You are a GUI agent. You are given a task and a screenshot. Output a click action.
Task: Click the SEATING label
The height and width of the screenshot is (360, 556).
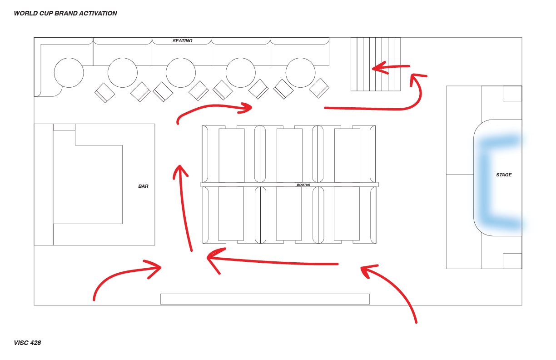click(x=182, y=41)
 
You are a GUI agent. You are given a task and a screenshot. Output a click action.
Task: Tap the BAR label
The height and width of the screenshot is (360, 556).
click(x=143, y=186)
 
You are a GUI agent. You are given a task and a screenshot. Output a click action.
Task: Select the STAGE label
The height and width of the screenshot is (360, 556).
click(x=504, y=175)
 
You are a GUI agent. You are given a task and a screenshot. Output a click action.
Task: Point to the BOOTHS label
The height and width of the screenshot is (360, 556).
click(x=303, y=185)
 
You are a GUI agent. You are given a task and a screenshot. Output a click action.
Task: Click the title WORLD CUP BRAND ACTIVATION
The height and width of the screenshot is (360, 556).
click(x=65, y=14)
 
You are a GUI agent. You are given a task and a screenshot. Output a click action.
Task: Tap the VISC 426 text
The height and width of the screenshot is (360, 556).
click(x=27, y=343)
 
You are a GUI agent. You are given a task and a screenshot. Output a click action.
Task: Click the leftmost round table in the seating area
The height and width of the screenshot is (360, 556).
click(x=69, y=73)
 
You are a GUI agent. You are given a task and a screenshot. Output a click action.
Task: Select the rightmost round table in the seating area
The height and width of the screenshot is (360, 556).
click(x=300, y=73)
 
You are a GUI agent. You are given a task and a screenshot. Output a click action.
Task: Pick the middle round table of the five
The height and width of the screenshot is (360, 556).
click(x=181, y=73)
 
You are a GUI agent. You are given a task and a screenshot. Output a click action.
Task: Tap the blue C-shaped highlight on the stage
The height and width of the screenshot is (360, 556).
click(x=486, y=182)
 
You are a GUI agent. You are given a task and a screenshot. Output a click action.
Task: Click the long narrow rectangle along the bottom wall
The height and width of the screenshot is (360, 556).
click(x=265, y=299)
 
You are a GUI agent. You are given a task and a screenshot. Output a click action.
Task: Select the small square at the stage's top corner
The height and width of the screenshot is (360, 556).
click(x=512, y=93)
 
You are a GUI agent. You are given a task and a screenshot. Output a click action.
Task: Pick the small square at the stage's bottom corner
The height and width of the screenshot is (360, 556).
click(x=512, y=261)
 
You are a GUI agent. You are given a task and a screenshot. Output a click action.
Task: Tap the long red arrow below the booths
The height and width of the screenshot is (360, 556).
click(x=273, y=261)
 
